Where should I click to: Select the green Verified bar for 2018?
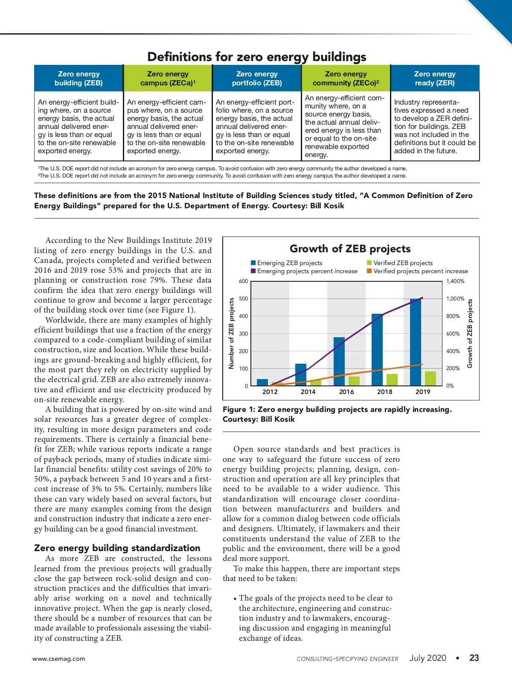tap(392, 379)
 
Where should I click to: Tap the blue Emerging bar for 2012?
tap(262, 382)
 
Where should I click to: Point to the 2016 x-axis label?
tap(346, 392)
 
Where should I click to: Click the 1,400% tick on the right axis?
tap(455, 281)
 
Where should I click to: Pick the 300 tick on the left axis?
tap(243, 334)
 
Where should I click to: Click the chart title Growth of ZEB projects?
tap(350, 249)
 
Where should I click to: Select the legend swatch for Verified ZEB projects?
tap(369, 263)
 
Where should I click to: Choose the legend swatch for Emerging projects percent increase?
tap(253, 271)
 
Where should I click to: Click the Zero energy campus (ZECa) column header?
tap(168, 79)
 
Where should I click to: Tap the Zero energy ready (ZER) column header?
tap(435, 79)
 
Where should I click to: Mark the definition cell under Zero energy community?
tap(346, 126)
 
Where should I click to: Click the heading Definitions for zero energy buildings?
tap(256, 57)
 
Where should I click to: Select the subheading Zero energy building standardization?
tap(117, 548)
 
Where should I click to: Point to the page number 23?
tap(474, 658)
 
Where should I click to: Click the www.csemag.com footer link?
tap(59, 659)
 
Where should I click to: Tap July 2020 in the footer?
tap(428, 658)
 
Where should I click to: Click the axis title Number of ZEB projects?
tap(232, 333)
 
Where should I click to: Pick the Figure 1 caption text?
tap(337, 414)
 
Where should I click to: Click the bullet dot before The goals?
tap(235, 599)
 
